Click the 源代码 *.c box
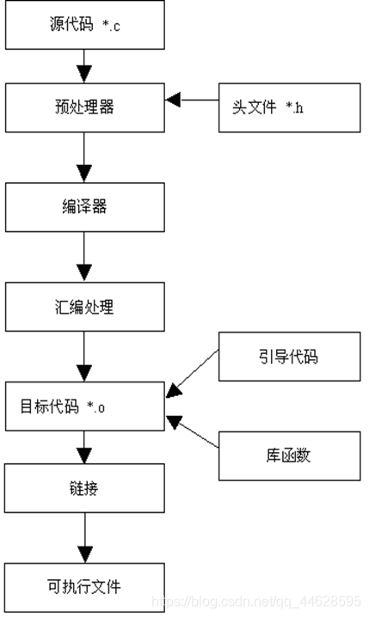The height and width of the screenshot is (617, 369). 84,24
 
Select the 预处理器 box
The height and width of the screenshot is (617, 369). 84,107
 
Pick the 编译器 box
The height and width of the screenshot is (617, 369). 84,209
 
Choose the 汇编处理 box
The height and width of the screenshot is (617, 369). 84,307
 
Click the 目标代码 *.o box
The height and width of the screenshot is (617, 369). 84,406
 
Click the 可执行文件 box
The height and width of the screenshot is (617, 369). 84,587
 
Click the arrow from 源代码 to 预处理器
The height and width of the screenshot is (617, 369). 84,65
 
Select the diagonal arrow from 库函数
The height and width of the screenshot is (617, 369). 194,434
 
